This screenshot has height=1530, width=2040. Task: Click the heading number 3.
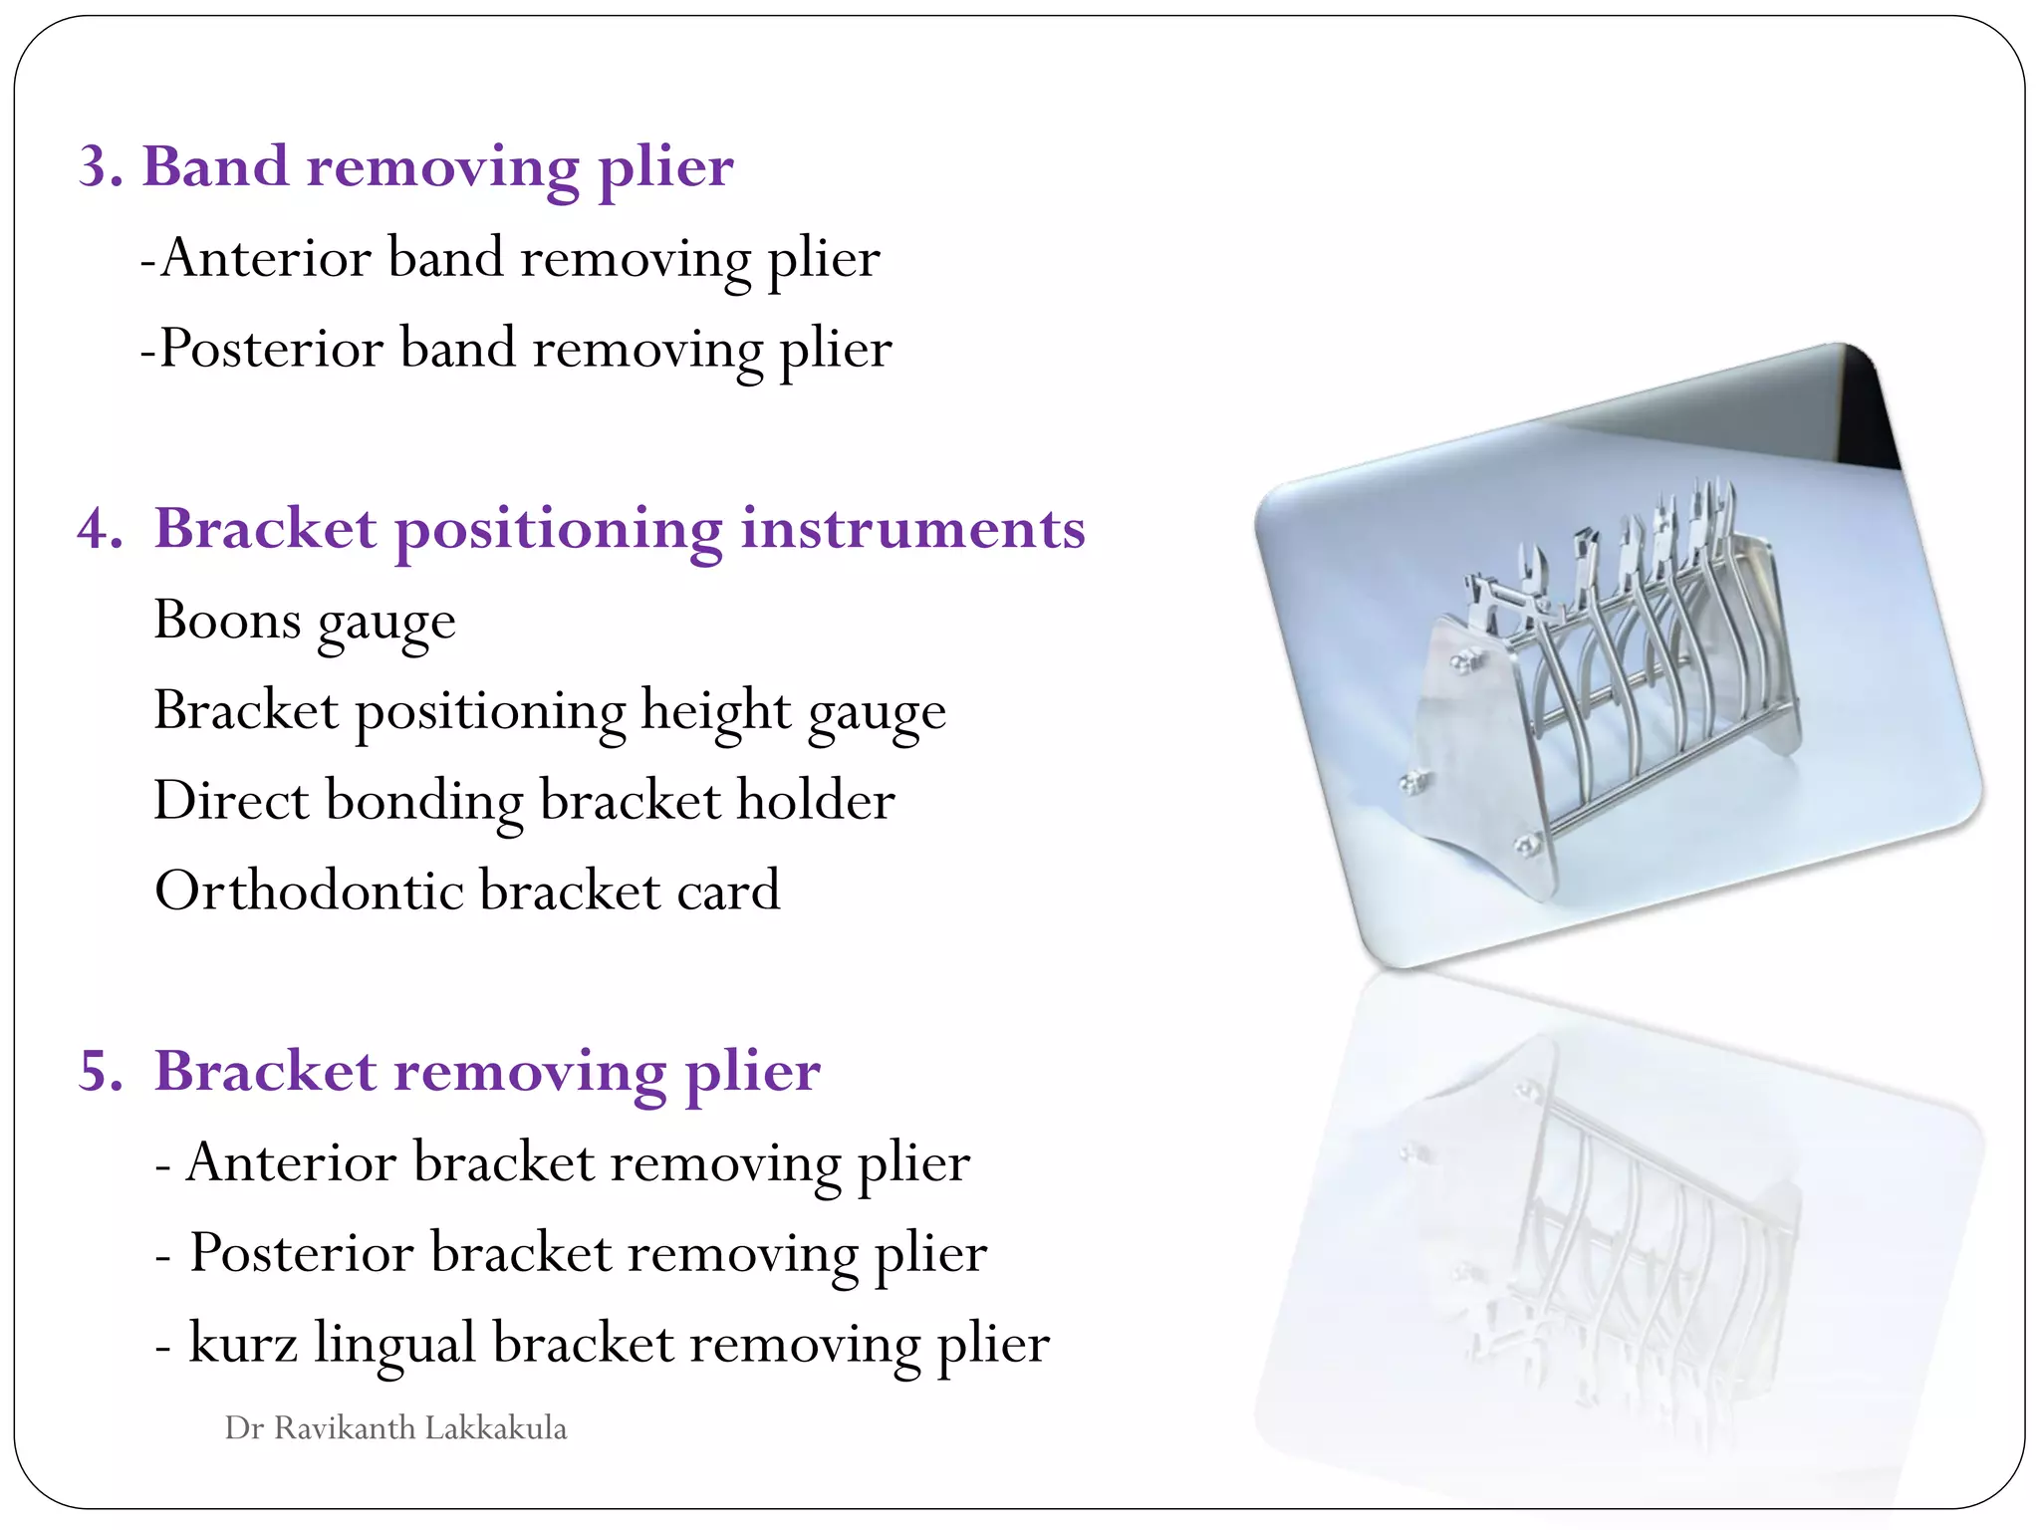pos(101,166)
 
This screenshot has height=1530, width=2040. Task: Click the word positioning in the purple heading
pos(558,530)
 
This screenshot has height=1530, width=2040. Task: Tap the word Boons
pos(227,621)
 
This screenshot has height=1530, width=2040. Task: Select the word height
pos(716,711)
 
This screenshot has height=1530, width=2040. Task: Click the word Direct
pos(231,801)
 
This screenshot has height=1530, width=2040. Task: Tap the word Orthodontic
pos(309,891)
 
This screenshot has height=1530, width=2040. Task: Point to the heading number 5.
pos(101,1072)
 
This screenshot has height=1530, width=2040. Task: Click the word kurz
pos(243,1343)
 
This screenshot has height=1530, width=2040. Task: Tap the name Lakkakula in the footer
pos(496,1428)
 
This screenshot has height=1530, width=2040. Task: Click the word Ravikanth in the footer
pos(344,1428)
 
